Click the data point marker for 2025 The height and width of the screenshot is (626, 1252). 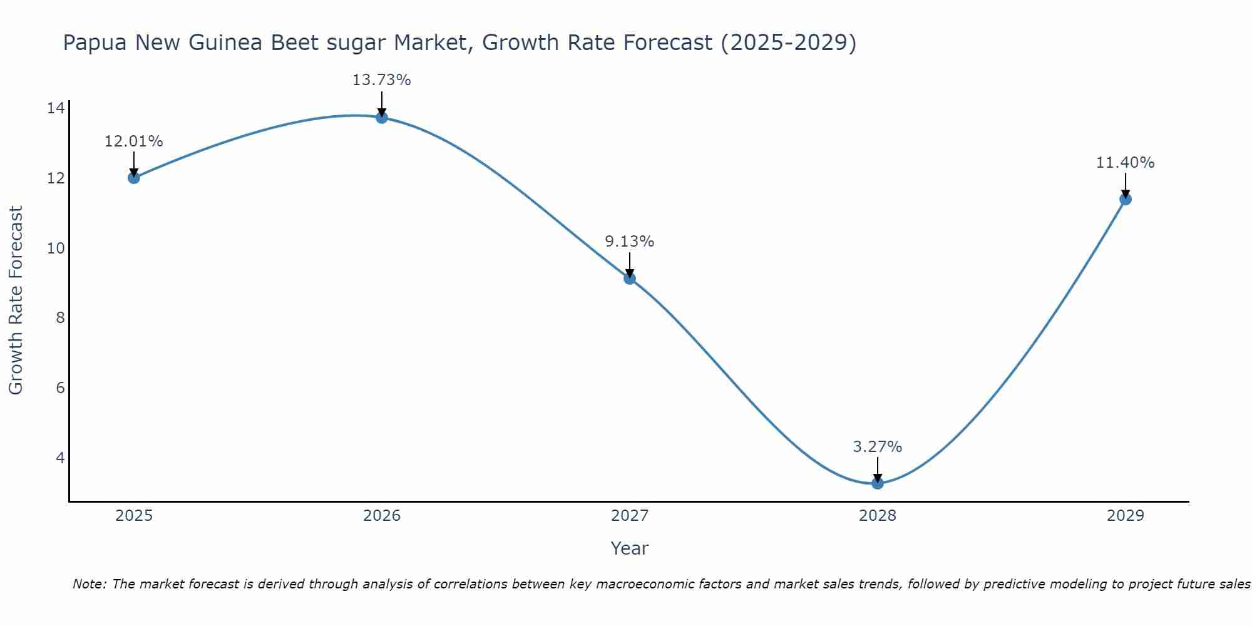(x=133, y=178)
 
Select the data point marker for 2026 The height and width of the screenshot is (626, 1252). (x=381, y=117)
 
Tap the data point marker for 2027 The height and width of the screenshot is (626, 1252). (x=629, y=279)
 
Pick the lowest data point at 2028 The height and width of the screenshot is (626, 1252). (x=877, y=483)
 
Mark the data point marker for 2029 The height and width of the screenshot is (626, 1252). (x=1125, y=199)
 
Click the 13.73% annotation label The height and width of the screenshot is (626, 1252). (x=381, y=80)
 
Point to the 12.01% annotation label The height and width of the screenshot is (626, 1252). (x=133, y=141)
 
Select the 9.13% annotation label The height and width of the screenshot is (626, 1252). (x=629, y=242)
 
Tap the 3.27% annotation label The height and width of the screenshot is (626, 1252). (x=877, y=447)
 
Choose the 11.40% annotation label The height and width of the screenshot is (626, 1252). (x=1125, y=163)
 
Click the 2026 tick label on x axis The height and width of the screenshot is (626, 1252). (x=382, y=516)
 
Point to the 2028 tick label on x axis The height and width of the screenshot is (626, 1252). (x=877, y=516)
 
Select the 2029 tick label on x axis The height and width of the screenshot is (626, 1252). (x=1125, y=516)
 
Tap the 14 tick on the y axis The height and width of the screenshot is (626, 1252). (x=56, y=108)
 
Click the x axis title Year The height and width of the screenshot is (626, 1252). (x=629, y=548)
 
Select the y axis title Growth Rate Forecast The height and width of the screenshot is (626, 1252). (x=16, y=300)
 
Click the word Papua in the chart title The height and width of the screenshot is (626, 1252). (x=96, y=43)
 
